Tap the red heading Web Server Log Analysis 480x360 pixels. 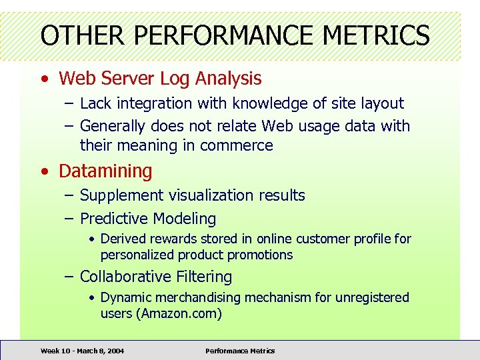click(x=160, y=79)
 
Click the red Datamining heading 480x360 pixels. click(x=105, y=171)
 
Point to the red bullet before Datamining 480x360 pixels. click(x=44, y=172)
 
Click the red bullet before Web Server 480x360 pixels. click(x=44, y=79)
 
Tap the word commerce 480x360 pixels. click(x=237, y=145)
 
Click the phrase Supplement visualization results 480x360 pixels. click(x=192, y=196)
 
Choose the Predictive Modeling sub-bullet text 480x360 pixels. click(x=148, y=219)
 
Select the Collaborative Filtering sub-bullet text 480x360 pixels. click(x=156, y=277)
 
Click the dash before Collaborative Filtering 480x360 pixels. click(x=69, y=277)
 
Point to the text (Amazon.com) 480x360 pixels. click(x=179, y=313)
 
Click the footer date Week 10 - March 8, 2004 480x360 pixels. click(x=82, y=351)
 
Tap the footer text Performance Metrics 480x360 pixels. click(x=240, y=351)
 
